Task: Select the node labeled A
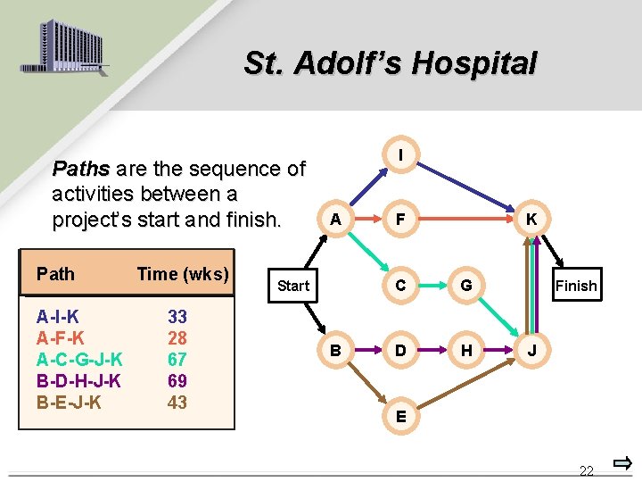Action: tap(334, 219)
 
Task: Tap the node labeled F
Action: tap(400, 219)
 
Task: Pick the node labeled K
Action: tap(531, 219)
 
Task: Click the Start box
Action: tap(293, 286)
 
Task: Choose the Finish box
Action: tap(576, 286)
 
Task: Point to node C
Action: tap(400, 286)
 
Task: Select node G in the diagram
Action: tap(466, 286)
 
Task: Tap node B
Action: tap(334, 351)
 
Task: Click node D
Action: tap(400, 351)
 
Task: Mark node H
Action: tap(466, 351)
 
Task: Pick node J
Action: tap(531, 351)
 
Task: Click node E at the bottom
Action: tap(400, 416)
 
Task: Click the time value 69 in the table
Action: tap(177, 381)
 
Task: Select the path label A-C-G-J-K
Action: tap(79, 360)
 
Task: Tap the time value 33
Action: tap(177, 317)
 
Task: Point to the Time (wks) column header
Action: tap(183, 274)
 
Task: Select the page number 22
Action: tap(586, 470)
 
